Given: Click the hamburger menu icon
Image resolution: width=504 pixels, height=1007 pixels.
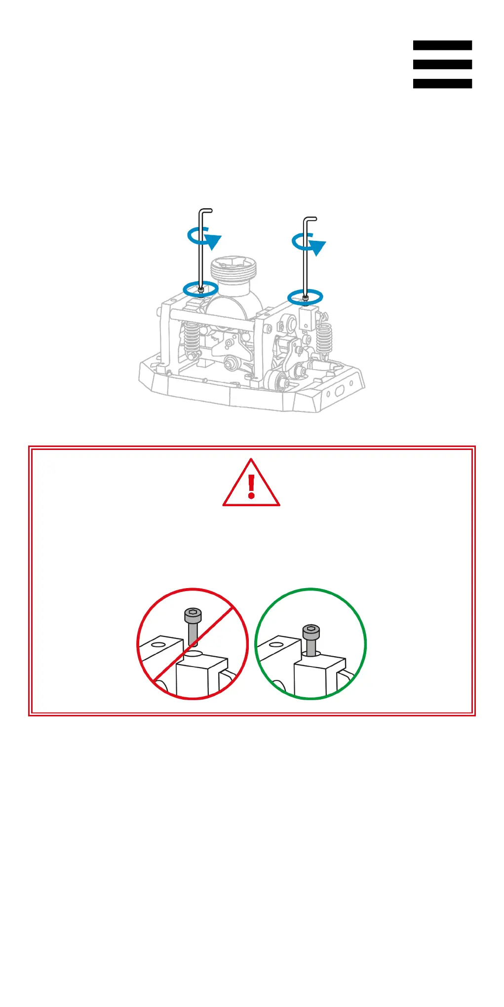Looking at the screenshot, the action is (442, 64).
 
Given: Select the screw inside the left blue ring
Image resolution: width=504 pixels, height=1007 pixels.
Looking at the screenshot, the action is (200, 290).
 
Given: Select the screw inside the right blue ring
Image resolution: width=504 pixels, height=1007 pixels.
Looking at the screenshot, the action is (306, 298).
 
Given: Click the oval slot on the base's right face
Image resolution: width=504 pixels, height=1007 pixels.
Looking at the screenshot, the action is (340, 391).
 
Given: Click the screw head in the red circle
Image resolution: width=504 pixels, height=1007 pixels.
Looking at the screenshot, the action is (193, 615).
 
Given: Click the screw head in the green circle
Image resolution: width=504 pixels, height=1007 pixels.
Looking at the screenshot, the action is (311, 631).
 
